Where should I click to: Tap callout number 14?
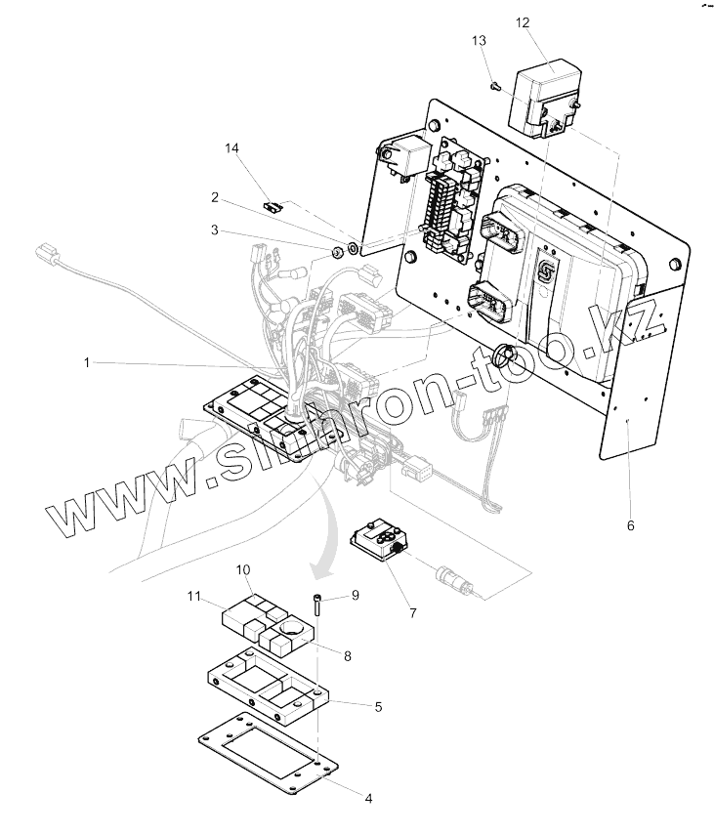231,147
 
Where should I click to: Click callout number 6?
631,525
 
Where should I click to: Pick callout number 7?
413,612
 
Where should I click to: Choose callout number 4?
368,798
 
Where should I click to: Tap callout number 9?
356,595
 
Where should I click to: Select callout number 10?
243,569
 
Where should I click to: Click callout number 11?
194,594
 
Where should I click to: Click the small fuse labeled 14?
273,206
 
